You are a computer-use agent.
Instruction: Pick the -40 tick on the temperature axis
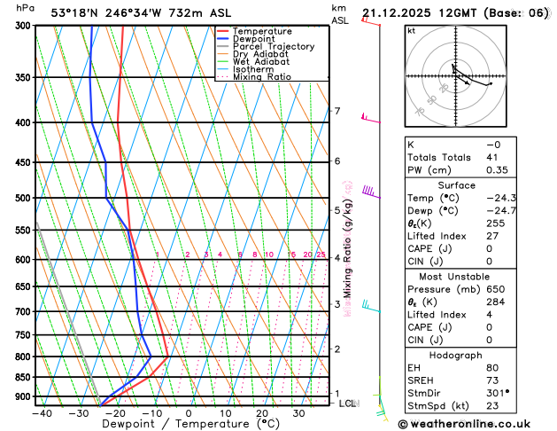[x=42, y=413]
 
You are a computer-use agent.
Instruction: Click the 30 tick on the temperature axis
[x=299, y=413]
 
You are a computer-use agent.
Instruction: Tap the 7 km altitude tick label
[x=337, y=111]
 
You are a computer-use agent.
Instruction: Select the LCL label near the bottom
[x=348, y=404]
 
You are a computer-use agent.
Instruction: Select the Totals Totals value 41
[x=493, y=157]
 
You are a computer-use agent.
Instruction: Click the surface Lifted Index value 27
[x=493, y=236]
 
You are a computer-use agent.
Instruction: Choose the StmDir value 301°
[x=499, y=393]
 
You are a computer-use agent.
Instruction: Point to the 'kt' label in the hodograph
[x=411, y=31]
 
